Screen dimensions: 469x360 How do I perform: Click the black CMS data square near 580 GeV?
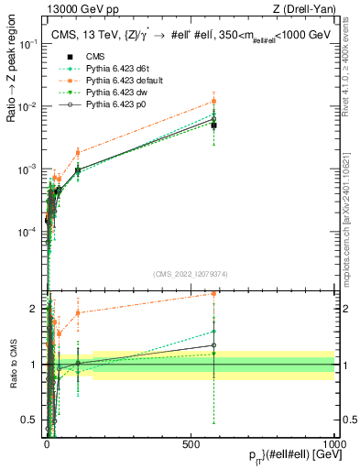tap(213, 125)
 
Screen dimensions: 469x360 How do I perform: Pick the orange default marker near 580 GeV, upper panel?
tap(213, 102)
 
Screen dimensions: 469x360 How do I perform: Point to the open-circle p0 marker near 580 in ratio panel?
tap(213, 345)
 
